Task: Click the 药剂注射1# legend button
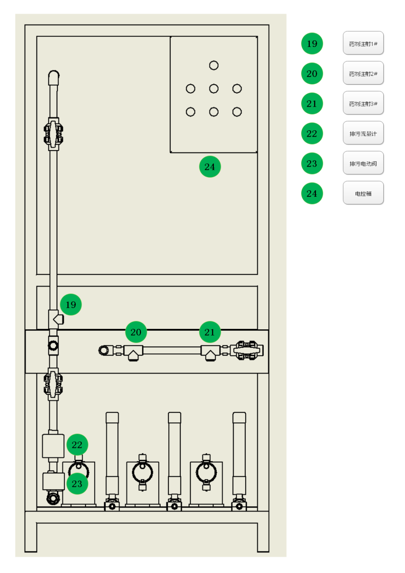pos(363,43)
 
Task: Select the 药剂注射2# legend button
pos(363,73)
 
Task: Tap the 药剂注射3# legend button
pos(363,103)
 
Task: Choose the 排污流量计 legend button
pos(363,133)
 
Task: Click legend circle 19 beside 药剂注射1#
pos(312,44)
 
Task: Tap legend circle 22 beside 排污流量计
pos(312,134)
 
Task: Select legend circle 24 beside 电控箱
pos(312,193)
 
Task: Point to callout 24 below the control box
pos(210,167)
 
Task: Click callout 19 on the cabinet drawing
pos(71,305)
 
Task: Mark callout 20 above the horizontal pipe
pos(136,332)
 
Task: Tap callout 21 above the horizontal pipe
pos(210,332)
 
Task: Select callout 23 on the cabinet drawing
pos(77,484)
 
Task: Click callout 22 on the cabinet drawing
pos(77,445)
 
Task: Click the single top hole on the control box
pos(214,65)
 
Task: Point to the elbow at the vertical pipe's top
pos(54,77)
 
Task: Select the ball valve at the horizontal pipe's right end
pos(246,350)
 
